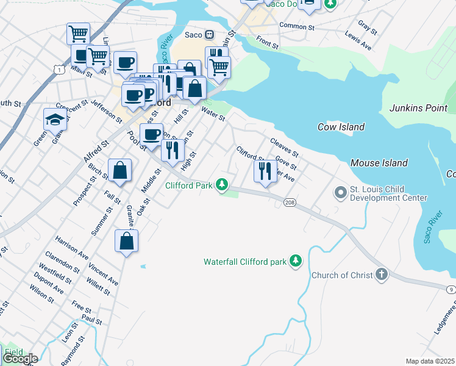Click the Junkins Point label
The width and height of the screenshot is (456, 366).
point(418,108)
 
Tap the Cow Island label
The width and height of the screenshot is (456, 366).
point(341,127)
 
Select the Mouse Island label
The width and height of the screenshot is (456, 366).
point(379,163)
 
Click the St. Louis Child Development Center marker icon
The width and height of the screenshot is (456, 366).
point(340,193)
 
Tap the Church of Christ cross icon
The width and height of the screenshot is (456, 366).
point(382,274)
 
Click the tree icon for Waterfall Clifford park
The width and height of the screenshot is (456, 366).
point(296,262)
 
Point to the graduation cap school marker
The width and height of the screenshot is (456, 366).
point(55,119)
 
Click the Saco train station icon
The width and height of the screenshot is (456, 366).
point(209,35)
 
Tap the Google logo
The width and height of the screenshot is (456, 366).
point(20,359)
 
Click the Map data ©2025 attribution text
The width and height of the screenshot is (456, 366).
point(430,361)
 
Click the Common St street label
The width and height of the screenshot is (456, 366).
point(296,26)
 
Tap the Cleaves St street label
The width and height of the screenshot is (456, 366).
point(284,146)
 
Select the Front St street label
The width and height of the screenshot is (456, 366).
point(267,41)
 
